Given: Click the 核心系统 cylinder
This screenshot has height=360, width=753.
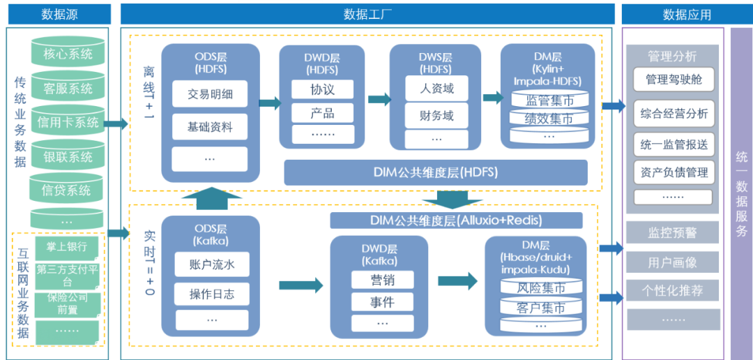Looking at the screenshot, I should coord(67,54).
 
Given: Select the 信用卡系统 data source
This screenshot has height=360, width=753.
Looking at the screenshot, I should coord(67,123).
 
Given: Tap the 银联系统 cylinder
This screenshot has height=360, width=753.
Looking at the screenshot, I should coord(67,157).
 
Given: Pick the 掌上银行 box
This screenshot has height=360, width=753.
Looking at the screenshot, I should coord(67,246).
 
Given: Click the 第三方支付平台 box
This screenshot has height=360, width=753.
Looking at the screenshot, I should coord(67,274).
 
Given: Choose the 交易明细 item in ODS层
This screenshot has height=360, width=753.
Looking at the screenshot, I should coord(210,94).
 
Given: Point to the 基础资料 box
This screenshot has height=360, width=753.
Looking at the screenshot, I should coord(210,127).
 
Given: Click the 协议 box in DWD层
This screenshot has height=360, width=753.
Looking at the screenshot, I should coord(322,89).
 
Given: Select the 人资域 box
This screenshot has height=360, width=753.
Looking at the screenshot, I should coord(437,89).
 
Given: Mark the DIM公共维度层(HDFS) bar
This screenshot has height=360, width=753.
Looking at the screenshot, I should coord(436,172).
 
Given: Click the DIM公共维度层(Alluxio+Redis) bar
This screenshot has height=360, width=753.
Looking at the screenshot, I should coord(456,220).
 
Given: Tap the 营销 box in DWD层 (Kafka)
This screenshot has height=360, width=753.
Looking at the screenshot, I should coord(381,280).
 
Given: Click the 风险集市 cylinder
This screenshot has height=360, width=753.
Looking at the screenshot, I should coord(540,287).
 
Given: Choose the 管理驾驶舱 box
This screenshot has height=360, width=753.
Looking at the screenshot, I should coord(674,79).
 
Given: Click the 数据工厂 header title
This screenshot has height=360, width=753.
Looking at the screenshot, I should coord(367,14).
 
